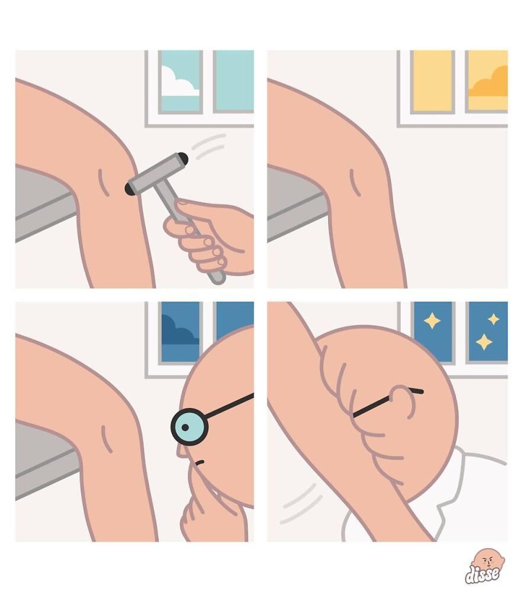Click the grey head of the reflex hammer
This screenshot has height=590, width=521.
point(157,174)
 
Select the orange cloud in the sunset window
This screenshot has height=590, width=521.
point(488,83)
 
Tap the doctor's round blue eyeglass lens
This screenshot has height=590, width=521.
point(189,427)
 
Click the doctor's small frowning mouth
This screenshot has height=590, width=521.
point(200,462)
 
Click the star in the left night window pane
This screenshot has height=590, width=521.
point(432,321)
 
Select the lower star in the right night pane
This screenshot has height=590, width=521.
point(484,342)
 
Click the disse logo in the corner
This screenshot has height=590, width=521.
point(485,566)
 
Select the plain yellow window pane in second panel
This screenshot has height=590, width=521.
point(432,81)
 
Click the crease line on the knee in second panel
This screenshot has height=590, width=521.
point(355,183)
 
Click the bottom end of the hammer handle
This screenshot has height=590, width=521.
point(218,279)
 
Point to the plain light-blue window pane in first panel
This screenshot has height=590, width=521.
point(234,81)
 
